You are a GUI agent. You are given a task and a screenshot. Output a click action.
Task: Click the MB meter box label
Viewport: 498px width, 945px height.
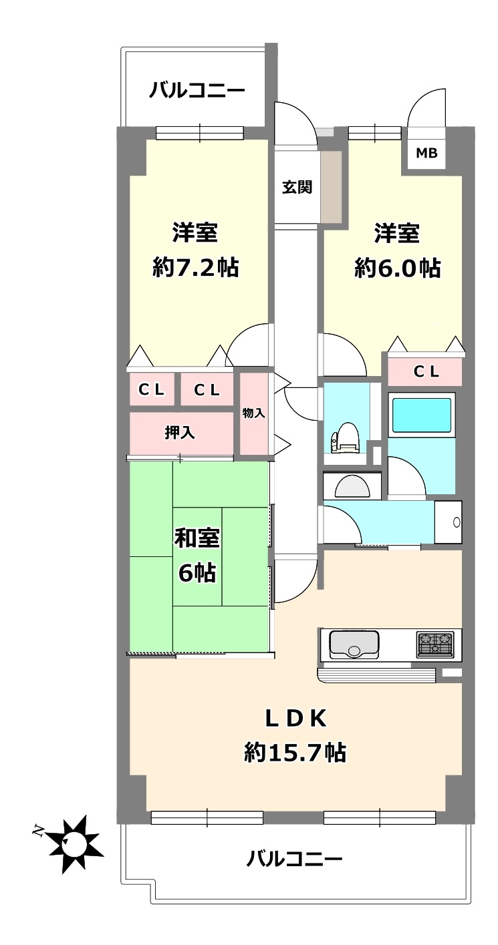(x=426, y=153)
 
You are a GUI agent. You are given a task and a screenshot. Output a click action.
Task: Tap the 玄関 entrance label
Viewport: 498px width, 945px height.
(x=297, y=187)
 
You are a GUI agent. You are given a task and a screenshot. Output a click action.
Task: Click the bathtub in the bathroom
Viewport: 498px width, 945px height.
(x=421, y=415)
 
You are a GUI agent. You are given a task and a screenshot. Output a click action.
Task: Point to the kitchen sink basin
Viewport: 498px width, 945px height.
(x=352, y=644)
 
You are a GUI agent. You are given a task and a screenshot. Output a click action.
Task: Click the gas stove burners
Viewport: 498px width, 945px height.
(x=434, y=644)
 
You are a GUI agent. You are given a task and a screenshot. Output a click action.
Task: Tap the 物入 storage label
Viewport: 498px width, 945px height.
(x=254, y=413)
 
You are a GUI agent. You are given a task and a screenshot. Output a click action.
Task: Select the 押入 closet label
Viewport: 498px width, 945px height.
(x=180, y=433)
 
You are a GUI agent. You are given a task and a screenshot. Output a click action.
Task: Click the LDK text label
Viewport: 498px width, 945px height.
(x=295, y=719)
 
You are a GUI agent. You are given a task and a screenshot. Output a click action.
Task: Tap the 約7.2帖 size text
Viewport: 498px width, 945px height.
(x=196, y=268)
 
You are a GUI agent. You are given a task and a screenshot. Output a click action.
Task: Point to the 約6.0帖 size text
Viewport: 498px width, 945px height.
(x=398, y=268)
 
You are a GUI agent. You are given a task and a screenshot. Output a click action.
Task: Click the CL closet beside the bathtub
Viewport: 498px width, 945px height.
(x=425, y=371)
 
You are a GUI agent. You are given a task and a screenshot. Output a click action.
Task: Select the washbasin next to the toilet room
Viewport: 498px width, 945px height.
(x=352, y=486)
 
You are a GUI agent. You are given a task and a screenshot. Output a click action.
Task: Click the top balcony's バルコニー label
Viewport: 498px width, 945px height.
(x=197, y=90)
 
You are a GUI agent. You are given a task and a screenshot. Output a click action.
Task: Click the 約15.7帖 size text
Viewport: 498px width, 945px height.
(x=295, y=753)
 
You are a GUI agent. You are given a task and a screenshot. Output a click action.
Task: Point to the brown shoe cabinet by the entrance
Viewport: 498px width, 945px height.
(x=331, y=186)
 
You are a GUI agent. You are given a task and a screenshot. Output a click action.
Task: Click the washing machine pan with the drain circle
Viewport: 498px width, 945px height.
(x=448, y=522)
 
